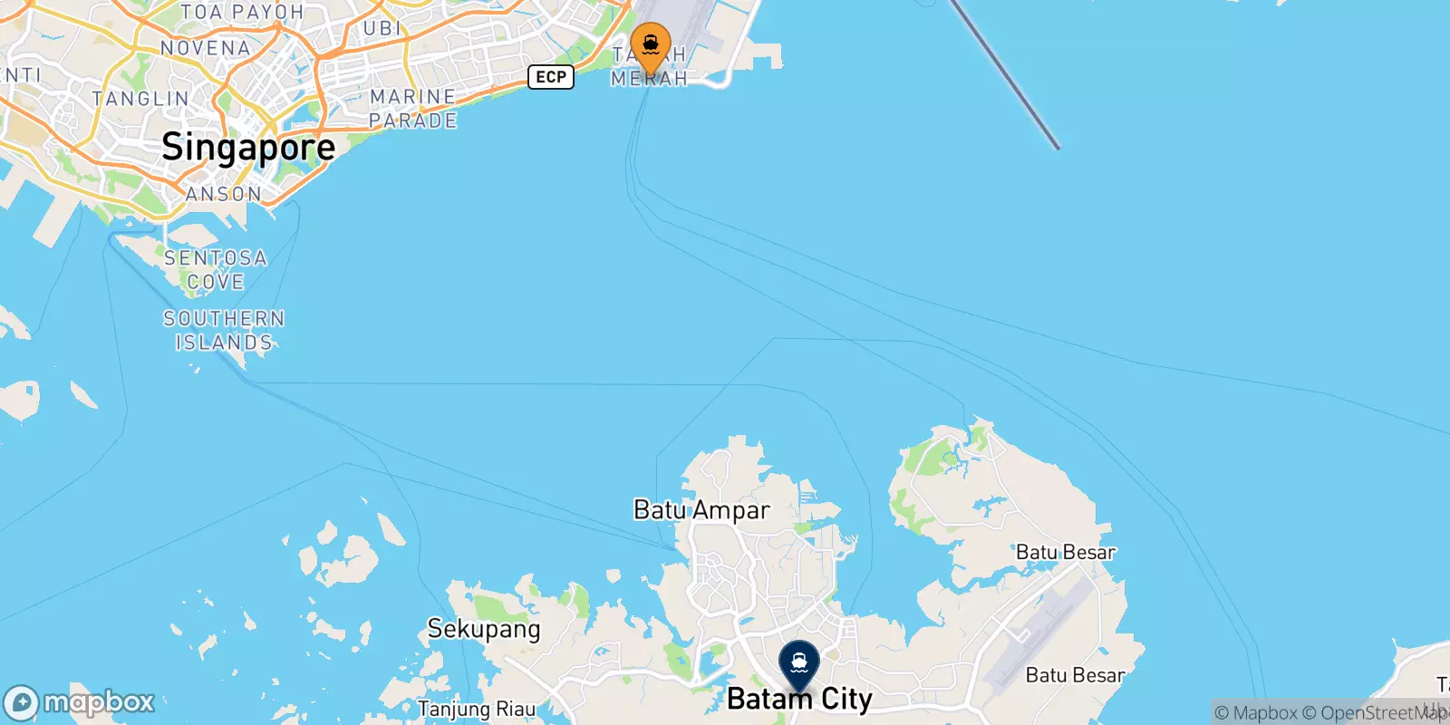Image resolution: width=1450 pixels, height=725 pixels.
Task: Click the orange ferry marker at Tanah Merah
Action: [x=650, y=45]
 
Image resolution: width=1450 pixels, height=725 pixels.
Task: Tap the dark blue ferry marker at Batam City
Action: [x=798, y=664]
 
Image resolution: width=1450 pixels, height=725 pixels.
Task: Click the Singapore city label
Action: [x=248, y=147]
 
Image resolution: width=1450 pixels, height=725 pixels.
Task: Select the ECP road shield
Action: [x=551, y=77]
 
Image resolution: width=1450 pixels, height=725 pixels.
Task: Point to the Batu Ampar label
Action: [x=701, y=510]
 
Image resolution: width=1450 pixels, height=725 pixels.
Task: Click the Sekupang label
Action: [x=484, y=629]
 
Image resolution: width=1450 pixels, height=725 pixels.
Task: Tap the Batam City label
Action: [x=799, y=700]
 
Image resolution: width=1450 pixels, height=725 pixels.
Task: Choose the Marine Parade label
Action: [x=413, y=109]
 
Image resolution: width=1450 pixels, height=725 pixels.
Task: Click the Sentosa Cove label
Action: [x=216, y=270]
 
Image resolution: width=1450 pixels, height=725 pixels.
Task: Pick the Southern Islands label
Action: [x=224, y=331]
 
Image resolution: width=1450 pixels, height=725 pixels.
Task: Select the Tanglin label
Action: [x=140, y=99]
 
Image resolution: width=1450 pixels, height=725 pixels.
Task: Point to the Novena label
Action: [x=205, y=48]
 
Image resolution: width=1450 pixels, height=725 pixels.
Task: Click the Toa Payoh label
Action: [x=242, y=13]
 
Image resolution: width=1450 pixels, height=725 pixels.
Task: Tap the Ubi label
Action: [x=382, y=29]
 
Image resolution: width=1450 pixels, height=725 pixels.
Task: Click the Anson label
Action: [x=224, y=194]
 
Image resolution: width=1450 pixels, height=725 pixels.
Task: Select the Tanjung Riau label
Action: [x=477, y=709]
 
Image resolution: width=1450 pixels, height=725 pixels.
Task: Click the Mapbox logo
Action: [x=79, y=702]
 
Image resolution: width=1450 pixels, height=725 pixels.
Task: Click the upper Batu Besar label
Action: [x=1065, y=552]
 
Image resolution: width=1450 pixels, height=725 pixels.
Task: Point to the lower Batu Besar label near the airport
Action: [x=1075, y=675]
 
